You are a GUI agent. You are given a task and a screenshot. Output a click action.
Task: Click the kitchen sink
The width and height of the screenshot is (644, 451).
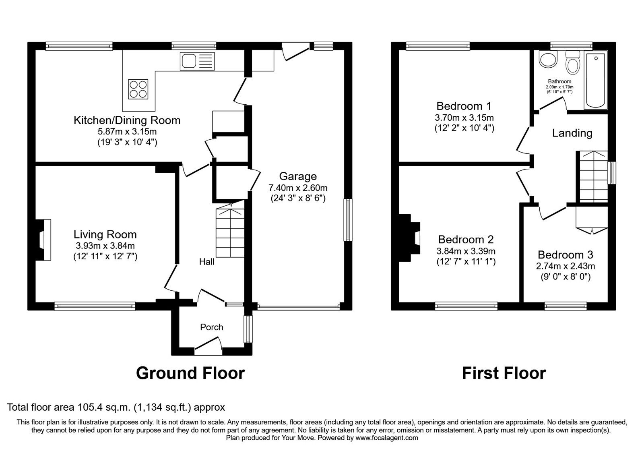click(x=197, y=61)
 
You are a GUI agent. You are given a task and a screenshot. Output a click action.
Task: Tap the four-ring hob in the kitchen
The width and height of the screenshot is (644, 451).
click(x=138, y=89)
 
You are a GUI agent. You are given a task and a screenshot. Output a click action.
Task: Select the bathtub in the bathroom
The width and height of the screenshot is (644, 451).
click(x=596, y=81)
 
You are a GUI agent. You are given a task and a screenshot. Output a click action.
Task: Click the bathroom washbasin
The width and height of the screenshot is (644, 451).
click(x=548, y=60)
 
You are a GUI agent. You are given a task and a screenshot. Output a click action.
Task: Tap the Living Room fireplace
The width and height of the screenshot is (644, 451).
click(x=43, y=240)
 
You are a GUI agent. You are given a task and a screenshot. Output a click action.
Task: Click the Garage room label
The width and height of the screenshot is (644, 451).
click(x=298, y=176)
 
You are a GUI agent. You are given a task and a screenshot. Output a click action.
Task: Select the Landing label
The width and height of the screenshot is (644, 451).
click(x=572, y=133)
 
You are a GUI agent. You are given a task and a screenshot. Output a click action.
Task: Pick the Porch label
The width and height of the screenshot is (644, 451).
click(x=212, y=327)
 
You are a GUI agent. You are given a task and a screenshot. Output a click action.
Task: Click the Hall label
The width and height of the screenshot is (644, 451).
click(x=207, y=262)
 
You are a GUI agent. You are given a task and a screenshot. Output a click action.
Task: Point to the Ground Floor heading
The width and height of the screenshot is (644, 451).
click(x=190, y=373)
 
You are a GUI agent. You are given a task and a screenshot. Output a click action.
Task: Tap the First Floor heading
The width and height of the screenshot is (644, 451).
click(x=504, y=373)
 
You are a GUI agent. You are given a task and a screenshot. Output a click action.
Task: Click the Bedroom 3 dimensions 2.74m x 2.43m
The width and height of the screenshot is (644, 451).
click(x=566, y=266)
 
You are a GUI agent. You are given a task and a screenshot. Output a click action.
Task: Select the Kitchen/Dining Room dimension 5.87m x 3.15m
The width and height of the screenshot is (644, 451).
click(x=127, y=131)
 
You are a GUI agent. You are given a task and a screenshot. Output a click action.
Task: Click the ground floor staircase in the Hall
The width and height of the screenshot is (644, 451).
click(x=230, y=230)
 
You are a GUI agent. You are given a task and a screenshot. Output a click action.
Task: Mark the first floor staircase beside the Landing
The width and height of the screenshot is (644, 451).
click(x=593, y=177)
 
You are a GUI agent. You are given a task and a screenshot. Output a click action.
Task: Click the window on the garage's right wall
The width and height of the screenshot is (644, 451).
click(x=348, y=220)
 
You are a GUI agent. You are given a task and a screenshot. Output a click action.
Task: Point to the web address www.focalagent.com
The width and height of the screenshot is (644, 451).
click(x=387, y=438)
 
